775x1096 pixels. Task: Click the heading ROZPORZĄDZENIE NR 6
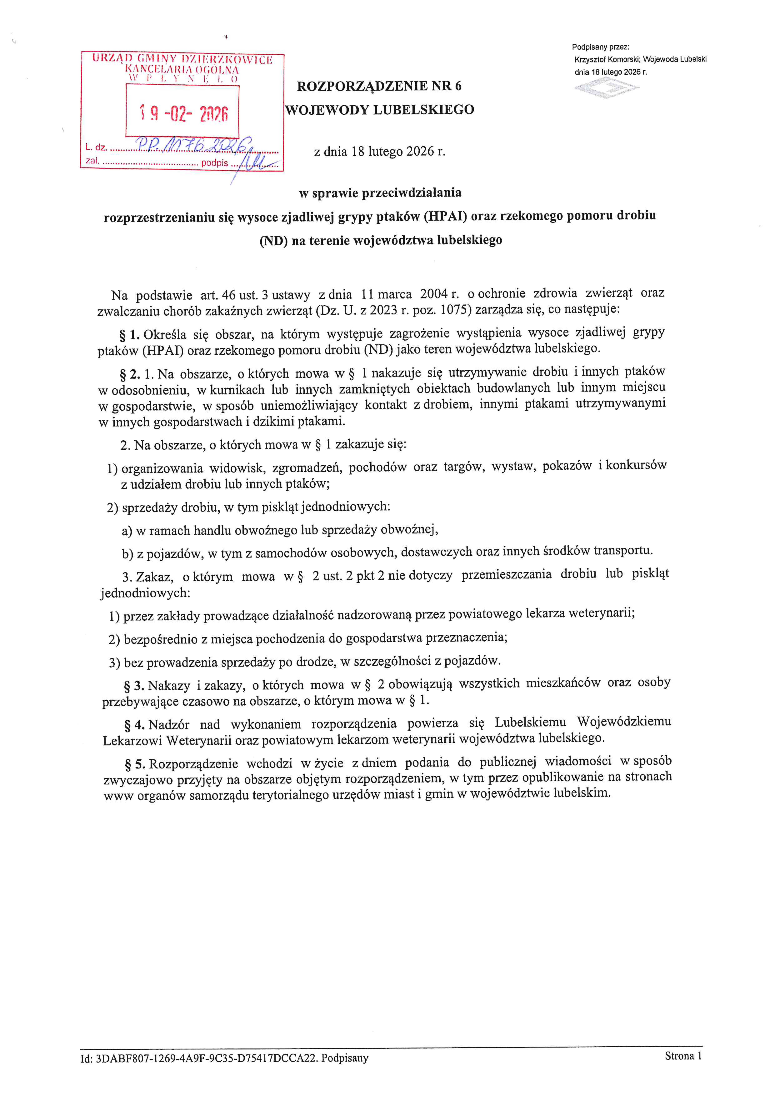coord(379,86)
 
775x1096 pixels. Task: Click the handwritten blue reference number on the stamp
coord(193,144)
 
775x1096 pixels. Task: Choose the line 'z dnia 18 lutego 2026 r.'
coord(379,152)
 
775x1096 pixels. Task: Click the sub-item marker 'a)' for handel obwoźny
coord(127,531)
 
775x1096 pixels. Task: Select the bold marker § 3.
coord(134,686)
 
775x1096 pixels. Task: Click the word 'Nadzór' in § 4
coord(169,725)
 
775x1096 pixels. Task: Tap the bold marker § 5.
coord(135,764)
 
